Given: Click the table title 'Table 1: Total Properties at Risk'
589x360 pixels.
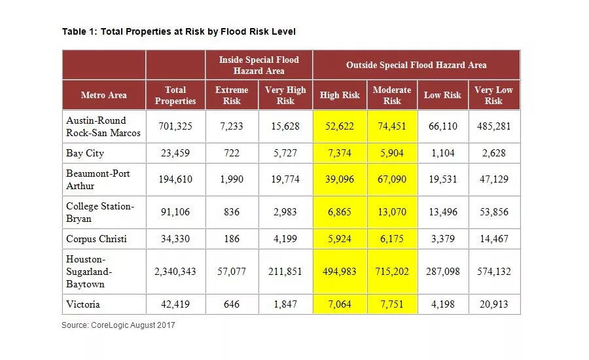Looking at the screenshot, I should tap(179, 31).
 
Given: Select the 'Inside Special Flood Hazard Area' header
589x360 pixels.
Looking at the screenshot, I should tap(259, 65).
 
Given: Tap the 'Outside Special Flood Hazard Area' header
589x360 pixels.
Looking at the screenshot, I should tap(416, 65).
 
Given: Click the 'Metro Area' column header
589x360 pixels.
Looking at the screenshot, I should tap(103, 95).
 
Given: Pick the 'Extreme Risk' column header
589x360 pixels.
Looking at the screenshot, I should tap(232, 95).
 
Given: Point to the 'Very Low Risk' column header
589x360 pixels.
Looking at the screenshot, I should tap(493, 95).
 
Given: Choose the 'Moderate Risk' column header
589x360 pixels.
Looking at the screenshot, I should tap(392, 95).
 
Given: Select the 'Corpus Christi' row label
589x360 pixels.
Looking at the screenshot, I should tap(96, 239).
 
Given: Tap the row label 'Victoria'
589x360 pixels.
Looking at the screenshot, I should tap(83, 304).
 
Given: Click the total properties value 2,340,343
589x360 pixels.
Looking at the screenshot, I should tap(175, 272).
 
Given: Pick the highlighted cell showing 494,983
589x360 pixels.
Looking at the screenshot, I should tap(339, 272).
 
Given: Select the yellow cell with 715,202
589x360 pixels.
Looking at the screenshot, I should tap(392, 272).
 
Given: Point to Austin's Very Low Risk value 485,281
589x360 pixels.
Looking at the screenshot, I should tap(493, 126).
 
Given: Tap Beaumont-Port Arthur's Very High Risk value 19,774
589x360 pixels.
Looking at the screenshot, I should tap(285, 179).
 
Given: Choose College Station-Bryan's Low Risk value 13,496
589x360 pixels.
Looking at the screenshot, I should tap(442, 212).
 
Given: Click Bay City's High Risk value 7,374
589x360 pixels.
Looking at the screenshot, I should tap(339, 153).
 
